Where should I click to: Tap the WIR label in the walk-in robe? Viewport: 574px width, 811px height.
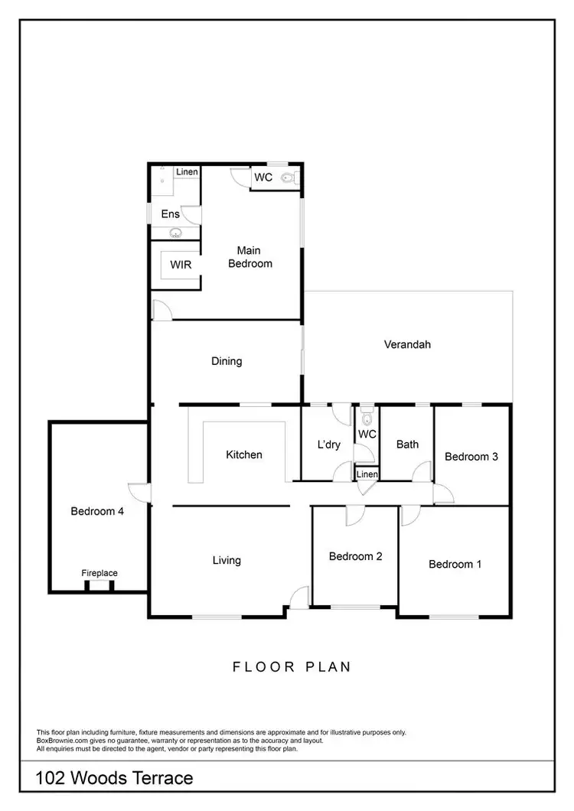181,265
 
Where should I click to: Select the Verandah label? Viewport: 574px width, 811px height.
407,344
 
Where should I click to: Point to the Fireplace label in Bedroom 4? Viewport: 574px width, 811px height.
99,573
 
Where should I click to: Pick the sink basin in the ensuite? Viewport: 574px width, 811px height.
175,233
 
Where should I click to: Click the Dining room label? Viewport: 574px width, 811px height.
227,361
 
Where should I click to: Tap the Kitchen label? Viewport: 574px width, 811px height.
244,454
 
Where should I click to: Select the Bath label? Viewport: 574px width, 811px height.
407,444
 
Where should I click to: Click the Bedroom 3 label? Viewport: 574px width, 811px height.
471,457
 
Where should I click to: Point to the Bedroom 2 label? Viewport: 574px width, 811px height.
355,556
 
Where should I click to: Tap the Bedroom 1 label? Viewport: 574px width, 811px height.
455,565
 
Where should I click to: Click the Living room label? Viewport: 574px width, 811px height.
227,560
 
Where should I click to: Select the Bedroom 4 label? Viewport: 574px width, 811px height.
97,511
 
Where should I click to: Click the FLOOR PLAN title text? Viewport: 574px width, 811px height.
292,667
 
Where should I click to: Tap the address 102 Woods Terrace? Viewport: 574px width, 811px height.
115,779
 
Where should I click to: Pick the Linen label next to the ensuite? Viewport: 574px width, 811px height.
188,172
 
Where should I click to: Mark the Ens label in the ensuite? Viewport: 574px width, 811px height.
170,214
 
